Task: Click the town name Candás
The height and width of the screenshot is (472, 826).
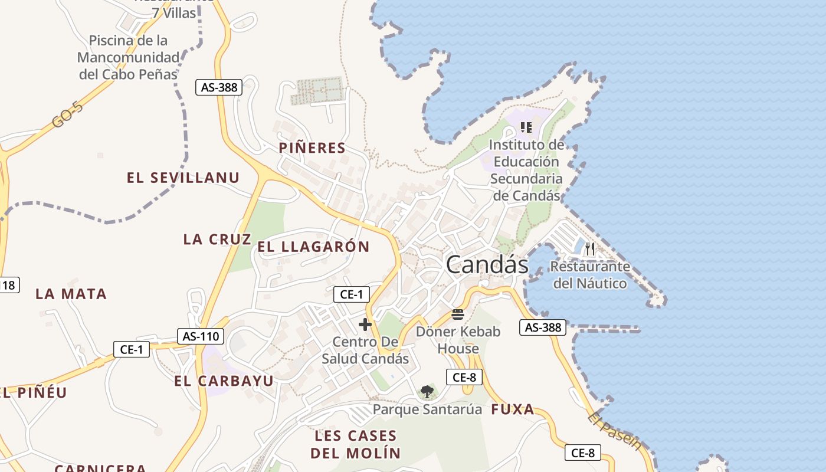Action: click(x=487, y=264)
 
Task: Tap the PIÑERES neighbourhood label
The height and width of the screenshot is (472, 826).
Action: click(x=312, y=148)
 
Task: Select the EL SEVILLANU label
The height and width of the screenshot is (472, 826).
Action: click(x=183, y=178)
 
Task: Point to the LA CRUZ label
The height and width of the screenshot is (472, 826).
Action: click(x=217, y=239)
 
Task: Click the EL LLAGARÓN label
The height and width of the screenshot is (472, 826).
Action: click(x=313, y=247)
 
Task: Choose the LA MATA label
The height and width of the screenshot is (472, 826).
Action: click(x=71, y=294)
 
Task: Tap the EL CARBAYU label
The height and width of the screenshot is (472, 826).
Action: click(x=224, y=381)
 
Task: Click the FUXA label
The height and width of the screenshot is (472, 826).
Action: click(x=513, y=409)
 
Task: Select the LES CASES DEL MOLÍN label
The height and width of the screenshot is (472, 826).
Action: click(x=355, y=444)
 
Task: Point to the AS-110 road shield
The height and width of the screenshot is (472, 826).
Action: click(x=201, y=336)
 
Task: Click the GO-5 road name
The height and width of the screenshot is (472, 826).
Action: click(x=67, y=114)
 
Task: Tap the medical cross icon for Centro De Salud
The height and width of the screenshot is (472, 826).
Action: click(x=365, y=324)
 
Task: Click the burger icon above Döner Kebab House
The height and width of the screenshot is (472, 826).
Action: click(x=458, y=314)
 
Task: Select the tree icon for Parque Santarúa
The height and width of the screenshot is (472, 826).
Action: click(x=427, y=391)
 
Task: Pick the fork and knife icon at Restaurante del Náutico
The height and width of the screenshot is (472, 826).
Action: click(x=589, y=249)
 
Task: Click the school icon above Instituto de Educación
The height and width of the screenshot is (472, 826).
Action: click(x=526, y=127)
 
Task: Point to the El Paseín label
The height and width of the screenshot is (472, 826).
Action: click(x=614, y=431)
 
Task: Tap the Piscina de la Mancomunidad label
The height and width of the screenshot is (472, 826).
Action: click(x=128, y=57)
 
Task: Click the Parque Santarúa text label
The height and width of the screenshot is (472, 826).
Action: click(x=427, y=409)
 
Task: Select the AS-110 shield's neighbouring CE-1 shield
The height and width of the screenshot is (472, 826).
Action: click(x=132, y=349)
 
